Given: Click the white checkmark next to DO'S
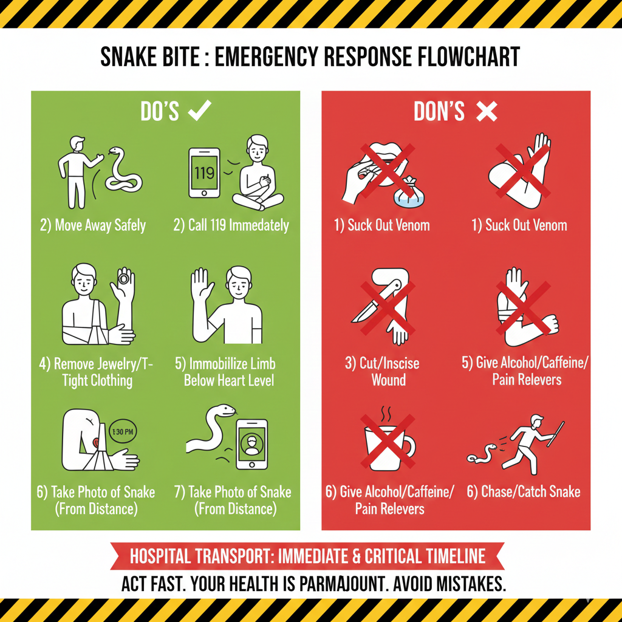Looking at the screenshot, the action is pos(199,111).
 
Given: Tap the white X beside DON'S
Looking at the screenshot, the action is pos(487,111).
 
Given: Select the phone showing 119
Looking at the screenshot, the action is pos(204,173).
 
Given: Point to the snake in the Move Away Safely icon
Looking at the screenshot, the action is pos(123,171).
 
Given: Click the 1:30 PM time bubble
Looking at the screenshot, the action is pos(123,432).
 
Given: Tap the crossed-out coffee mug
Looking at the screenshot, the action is pos(389,447).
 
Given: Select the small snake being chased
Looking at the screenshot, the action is pos(482,454).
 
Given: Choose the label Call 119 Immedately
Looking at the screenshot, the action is pos(231,225).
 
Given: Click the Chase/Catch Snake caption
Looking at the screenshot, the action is pos(524,492).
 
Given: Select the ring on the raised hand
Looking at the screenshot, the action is pos(123,278).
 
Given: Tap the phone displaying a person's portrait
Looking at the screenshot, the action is pos(252,444).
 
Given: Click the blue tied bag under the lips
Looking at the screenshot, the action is pos(409,194).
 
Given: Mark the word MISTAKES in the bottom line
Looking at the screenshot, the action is pos(471,584).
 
